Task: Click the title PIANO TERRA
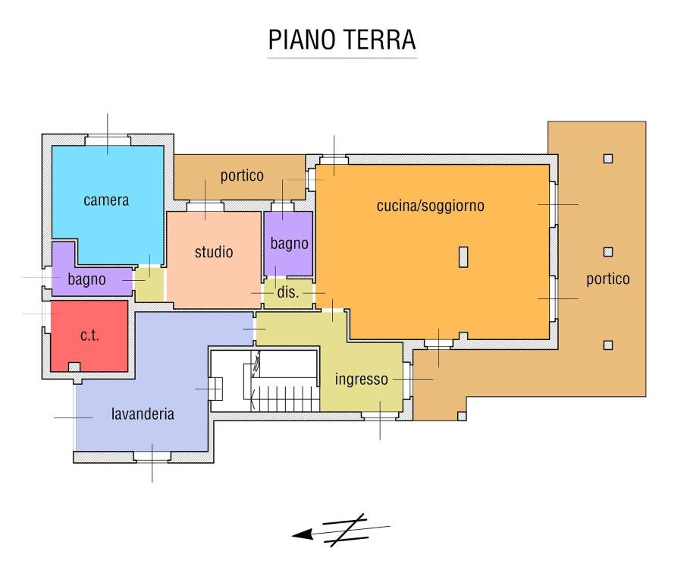342,40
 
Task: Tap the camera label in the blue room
106,200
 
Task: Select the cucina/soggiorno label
430,206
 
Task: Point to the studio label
214,252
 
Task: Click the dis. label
287,292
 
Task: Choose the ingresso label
362,379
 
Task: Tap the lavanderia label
143,414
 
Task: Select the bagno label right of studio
289,244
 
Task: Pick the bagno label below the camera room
86,279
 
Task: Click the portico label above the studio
242,176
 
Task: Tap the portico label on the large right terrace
607,279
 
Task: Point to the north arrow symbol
341,528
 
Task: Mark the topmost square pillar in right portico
607,159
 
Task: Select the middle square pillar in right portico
607,252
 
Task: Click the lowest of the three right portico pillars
607,345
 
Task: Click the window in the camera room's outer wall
107,140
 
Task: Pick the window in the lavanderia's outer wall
152,457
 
